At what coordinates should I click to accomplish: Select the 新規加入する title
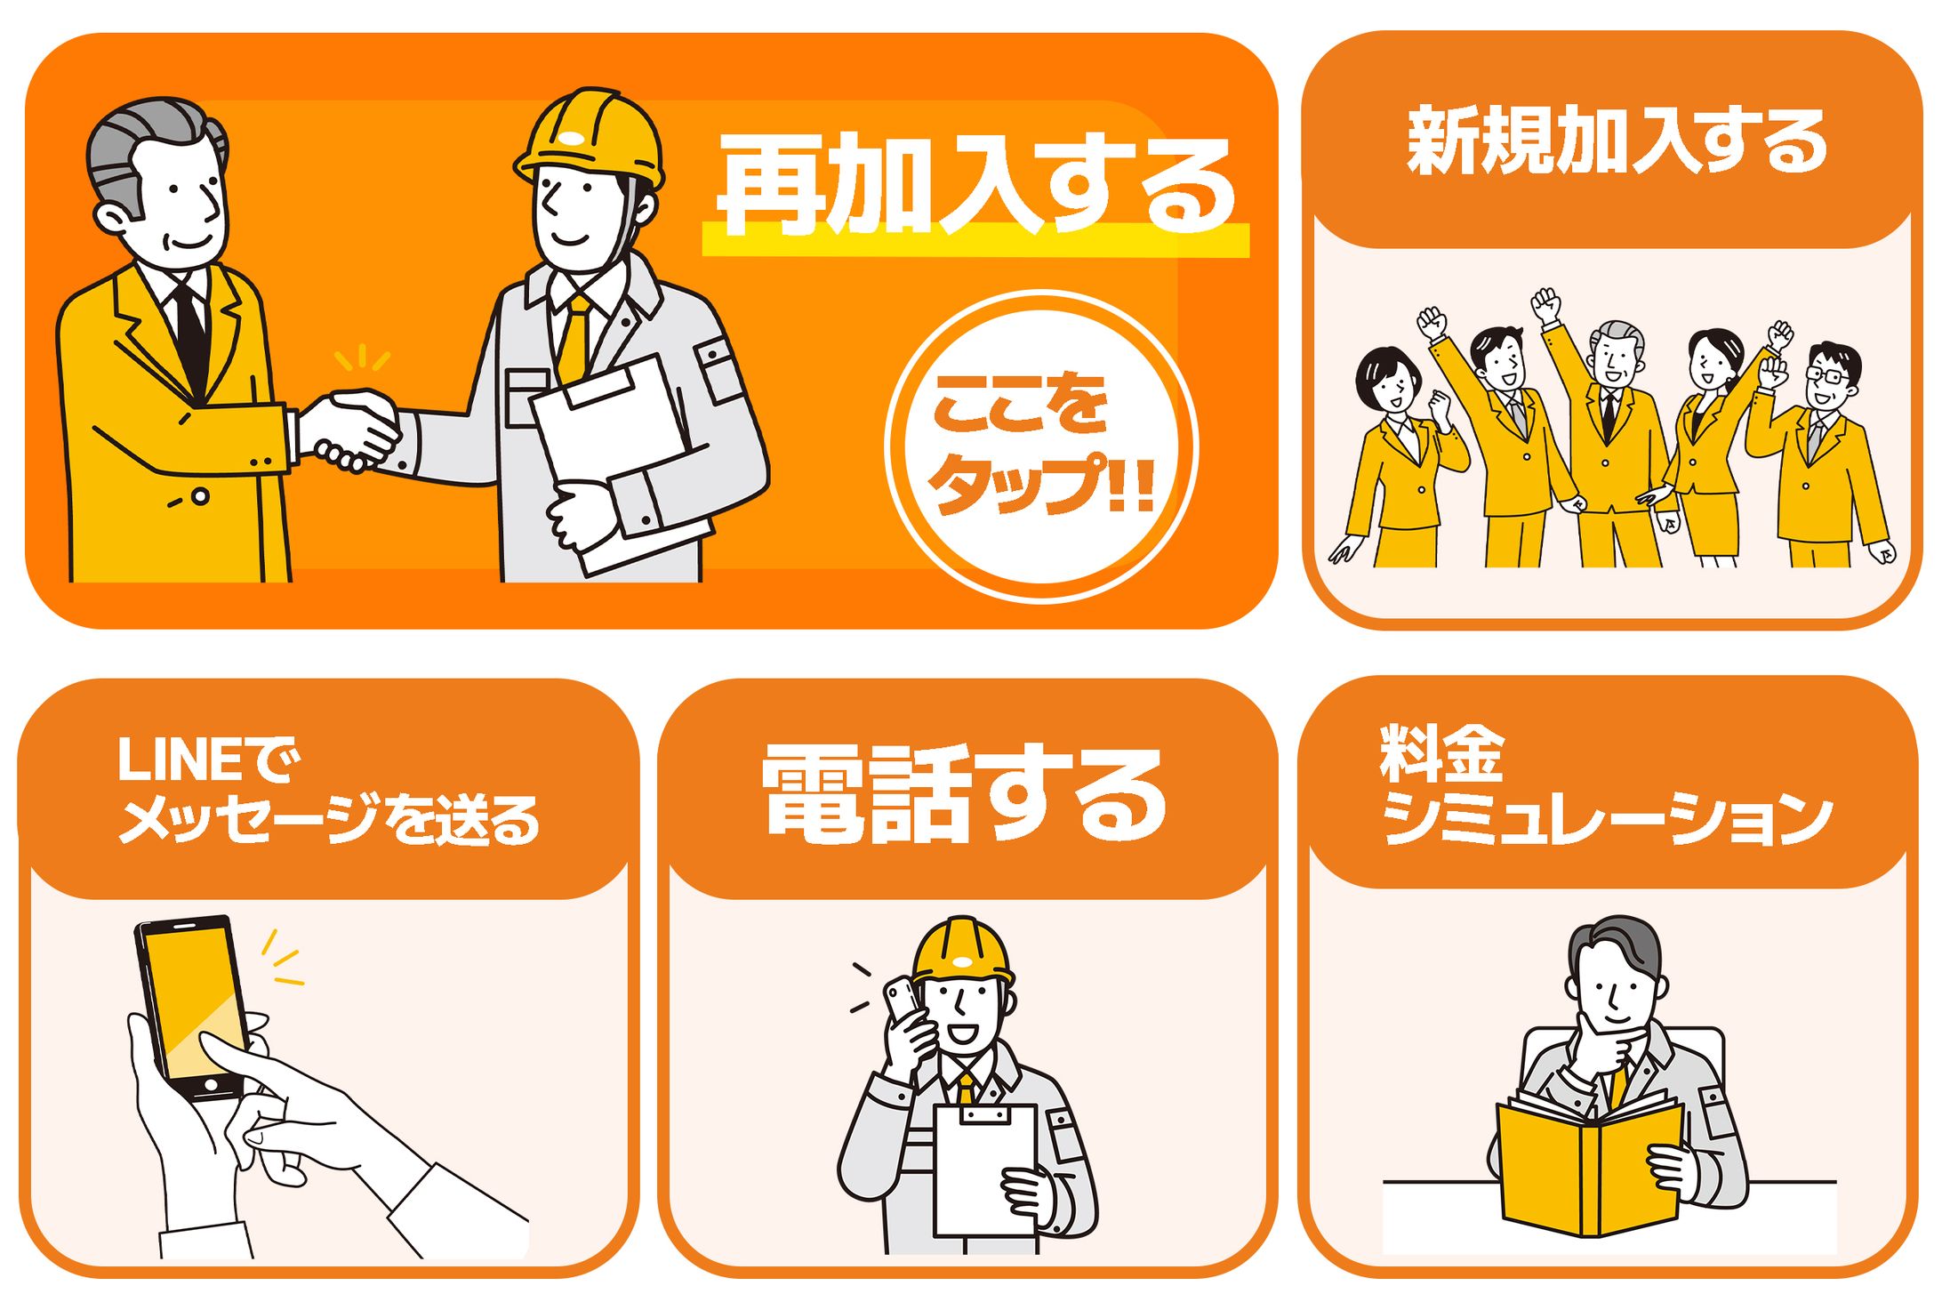[x=1616, y=141]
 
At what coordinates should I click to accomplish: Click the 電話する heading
[x=965, y=794]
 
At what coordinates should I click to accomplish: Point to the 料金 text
[x=1441, y=754]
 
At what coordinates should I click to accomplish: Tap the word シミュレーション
[x=1606, y=818]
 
